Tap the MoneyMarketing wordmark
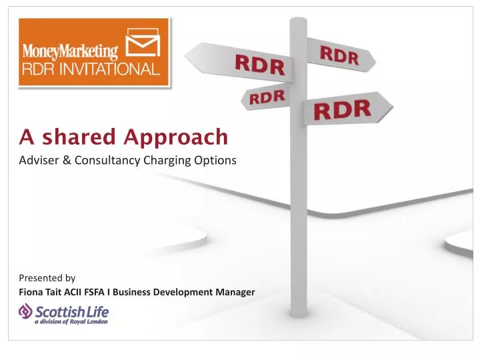point(71,51)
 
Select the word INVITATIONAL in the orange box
point(109,69)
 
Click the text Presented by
point(47,278)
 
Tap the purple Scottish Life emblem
point(26,311)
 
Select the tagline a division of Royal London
point(71,321)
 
